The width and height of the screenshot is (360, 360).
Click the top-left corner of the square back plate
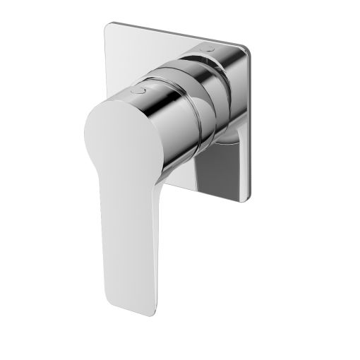108,26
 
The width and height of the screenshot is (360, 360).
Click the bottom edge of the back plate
219,198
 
